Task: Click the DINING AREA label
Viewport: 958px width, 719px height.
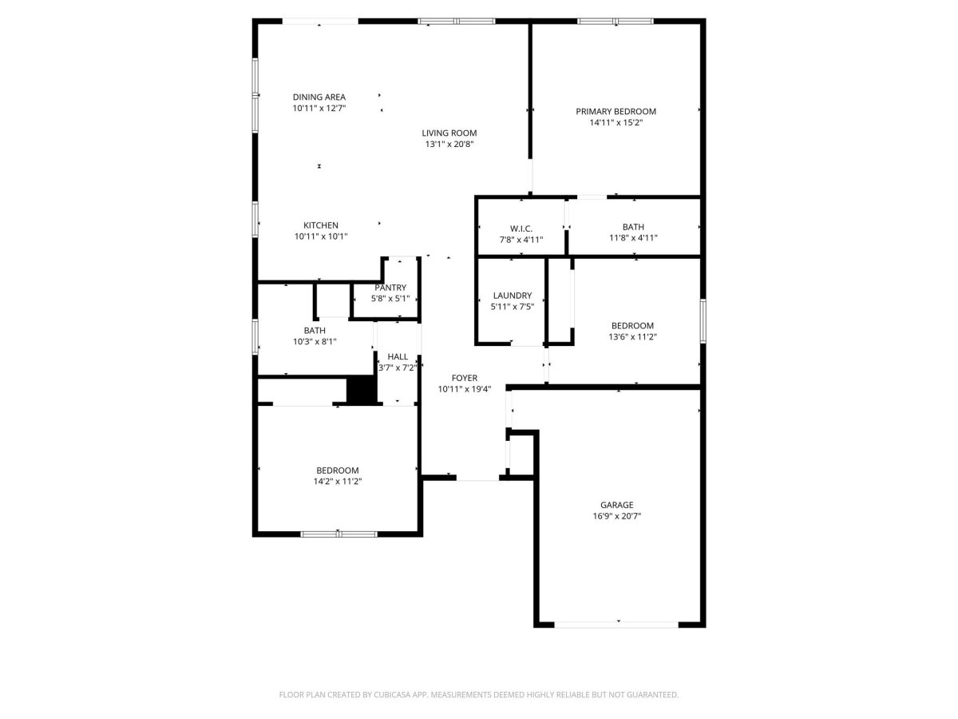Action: point(319,97)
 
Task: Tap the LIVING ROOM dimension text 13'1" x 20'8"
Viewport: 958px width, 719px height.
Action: point(449,144)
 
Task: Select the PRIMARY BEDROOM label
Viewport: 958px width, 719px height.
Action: point(616,111)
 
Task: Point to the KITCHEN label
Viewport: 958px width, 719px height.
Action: point(321,225)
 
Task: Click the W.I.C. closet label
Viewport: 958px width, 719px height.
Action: point(521,228)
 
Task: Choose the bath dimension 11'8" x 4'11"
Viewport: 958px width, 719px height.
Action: point(633,238)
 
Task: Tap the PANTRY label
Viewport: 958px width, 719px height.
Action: point(390,288)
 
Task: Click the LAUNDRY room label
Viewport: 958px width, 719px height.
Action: point(513,296)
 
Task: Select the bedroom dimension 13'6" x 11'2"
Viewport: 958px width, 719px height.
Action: point(632,336)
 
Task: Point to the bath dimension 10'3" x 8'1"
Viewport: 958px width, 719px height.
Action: point(315,341)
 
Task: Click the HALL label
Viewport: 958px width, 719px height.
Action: point(398,356)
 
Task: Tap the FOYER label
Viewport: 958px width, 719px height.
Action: point(465,378)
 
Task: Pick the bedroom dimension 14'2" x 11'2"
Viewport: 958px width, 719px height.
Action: point(338,482)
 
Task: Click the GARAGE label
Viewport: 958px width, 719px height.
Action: point(616,505)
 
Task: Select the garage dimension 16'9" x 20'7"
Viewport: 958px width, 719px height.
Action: point(616,516)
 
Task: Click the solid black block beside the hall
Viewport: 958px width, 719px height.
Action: point(362,391)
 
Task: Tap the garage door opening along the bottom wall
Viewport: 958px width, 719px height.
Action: point(616,625)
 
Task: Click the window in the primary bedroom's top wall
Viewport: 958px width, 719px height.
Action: point(616,21)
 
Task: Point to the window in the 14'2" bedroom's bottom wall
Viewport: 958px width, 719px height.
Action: point(338,534)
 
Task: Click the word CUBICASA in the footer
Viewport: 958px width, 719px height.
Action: point(392,694)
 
